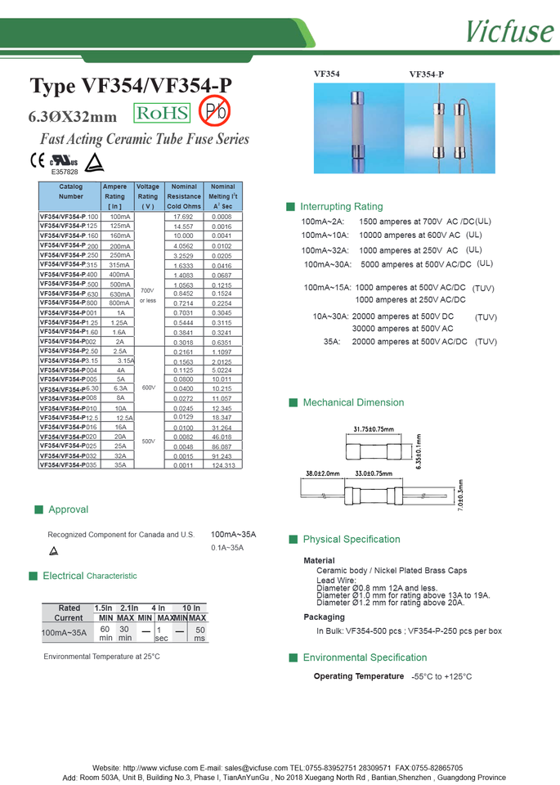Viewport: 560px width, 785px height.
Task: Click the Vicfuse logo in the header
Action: pos(508,30)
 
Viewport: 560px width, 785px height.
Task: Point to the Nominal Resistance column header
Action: pos(184,197)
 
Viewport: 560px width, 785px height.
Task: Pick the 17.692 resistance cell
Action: pos(183,217)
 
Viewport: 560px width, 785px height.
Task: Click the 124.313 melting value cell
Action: pos(222,465)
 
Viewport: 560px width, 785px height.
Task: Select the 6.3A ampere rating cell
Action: pos(120,388)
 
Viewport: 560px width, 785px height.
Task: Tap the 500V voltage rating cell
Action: pos(148,441)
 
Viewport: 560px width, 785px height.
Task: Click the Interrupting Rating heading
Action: pos(341,207)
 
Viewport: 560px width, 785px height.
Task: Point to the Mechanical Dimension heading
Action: pos(353,403)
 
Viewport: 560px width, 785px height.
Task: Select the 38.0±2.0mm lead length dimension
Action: pos(322,474)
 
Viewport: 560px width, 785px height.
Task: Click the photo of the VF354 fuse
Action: pos(358,128)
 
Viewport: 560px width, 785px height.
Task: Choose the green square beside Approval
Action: pos(38,509)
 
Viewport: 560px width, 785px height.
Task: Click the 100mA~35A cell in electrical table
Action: pos(65,633)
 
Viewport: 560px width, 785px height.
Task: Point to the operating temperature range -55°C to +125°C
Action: pos(441,677)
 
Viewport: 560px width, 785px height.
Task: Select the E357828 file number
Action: pos(65,173)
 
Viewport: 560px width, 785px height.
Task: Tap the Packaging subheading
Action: pos(324,617)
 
